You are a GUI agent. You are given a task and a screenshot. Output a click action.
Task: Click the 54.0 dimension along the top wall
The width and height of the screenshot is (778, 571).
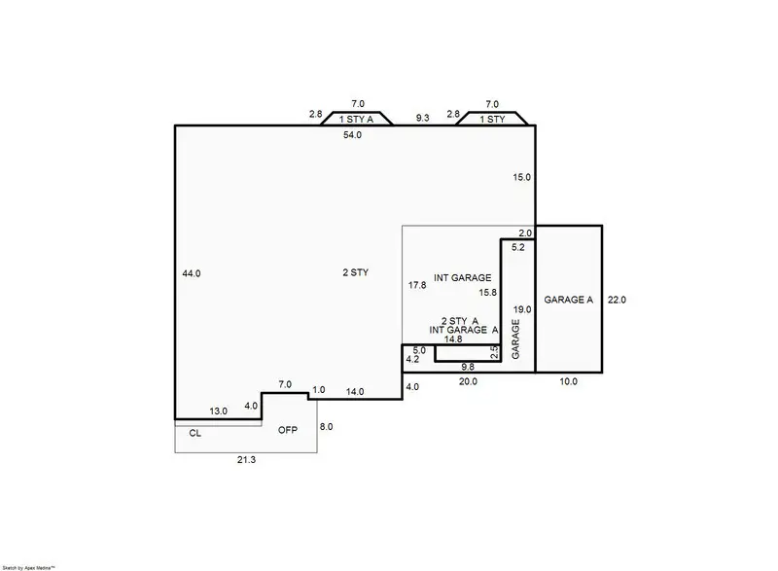352,136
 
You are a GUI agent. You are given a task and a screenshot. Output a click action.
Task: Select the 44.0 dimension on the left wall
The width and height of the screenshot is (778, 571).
191,273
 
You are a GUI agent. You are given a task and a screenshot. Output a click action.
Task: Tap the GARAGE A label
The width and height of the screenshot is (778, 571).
568,300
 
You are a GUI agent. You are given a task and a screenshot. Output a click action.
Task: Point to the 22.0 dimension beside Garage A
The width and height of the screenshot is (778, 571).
617,300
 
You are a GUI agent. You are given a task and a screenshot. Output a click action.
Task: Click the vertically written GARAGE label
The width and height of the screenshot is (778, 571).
515,339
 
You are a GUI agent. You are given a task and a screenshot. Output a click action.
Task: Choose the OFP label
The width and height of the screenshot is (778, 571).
288,430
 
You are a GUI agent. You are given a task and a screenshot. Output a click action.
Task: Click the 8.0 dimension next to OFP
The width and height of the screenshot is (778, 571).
326,426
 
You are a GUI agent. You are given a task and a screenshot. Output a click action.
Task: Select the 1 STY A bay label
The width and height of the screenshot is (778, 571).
355,120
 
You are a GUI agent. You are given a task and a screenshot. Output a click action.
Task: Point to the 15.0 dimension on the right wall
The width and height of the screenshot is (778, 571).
522,177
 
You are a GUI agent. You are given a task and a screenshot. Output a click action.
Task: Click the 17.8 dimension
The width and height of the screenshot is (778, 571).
416,285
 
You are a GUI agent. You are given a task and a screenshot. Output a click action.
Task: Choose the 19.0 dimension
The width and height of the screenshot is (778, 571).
522,308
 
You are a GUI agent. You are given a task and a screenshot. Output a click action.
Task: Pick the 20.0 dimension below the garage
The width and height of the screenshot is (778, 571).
468,382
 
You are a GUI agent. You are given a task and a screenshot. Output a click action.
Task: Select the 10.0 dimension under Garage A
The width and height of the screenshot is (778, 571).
568,382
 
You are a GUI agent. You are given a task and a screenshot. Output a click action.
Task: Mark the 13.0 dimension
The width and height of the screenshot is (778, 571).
220,411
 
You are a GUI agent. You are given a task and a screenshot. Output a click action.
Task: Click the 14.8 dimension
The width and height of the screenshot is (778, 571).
453,340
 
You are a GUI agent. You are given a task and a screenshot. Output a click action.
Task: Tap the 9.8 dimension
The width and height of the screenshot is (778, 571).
468,367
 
